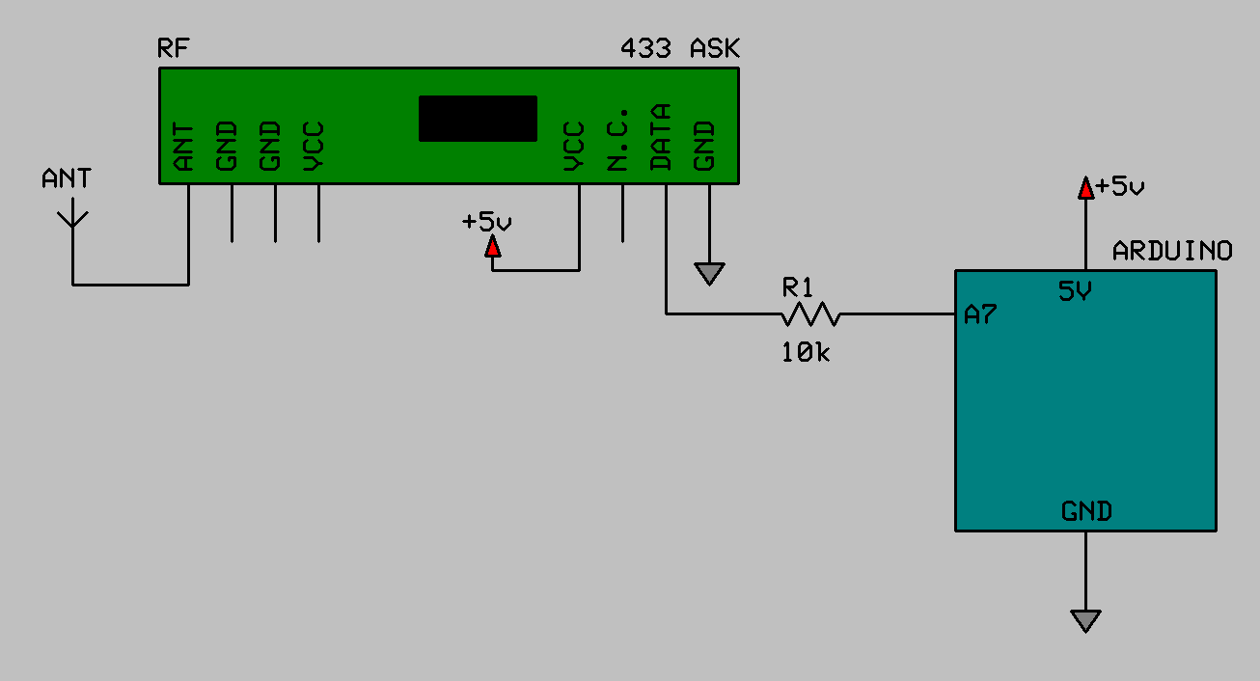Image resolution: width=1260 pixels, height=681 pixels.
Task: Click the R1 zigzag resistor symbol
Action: click(810, 313)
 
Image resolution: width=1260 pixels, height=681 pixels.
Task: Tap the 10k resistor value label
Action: click(806, 353)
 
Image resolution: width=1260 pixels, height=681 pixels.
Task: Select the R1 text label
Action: click(798, 286)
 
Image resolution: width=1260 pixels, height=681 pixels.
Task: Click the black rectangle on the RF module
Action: click(478, 119)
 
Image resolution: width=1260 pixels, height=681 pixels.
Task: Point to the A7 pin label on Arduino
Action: click(980, 314)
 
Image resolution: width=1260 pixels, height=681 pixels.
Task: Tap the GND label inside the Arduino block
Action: click(1086, 510)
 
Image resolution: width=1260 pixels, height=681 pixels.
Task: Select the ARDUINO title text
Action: click(1172, 251)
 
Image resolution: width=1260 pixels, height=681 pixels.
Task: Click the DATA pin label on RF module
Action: click(661, 137)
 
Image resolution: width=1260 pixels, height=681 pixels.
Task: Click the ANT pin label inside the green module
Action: click(183, 147)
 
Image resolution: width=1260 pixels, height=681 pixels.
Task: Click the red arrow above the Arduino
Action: click(1085, 186)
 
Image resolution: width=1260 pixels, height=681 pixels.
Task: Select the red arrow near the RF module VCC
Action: click(493, 247)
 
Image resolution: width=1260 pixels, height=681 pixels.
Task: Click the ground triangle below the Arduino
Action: click(1085, 620)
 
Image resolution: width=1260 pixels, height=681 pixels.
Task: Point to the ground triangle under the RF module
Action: click(709, 275)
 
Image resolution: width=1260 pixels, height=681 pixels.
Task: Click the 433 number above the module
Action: click(645, 48)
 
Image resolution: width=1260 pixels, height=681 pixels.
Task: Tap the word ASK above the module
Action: click(715, 48)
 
